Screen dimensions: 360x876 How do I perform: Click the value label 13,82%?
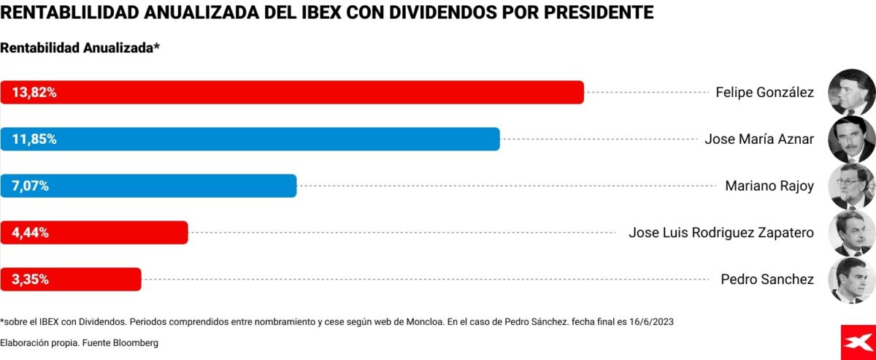(34, 93)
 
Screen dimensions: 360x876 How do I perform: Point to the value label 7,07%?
(30, 186)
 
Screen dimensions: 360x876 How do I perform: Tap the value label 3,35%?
(30, 280)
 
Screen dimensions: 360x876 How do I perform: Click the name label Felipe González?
(764, 93)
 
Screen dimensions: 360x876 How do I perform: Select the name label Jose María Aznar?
(759, 139)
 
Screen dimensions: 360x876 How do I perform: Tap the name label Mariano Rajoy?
(769, 186)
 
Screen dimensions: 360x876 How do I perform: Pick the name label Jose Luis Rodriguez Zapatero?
(721, 233)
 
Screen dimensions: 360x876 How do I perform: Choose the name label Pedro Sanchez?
(767, 280)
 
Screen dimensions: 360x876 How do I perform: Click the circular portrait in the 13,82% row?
(852, 92)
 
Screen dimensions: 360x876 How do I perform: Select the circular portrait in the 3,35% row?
(852, 280)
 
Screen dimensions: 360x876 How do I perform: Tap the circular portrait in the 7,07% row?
(852, 186)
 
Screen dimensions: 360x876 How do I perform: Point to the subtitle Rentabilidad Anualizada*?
(80, 48)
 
